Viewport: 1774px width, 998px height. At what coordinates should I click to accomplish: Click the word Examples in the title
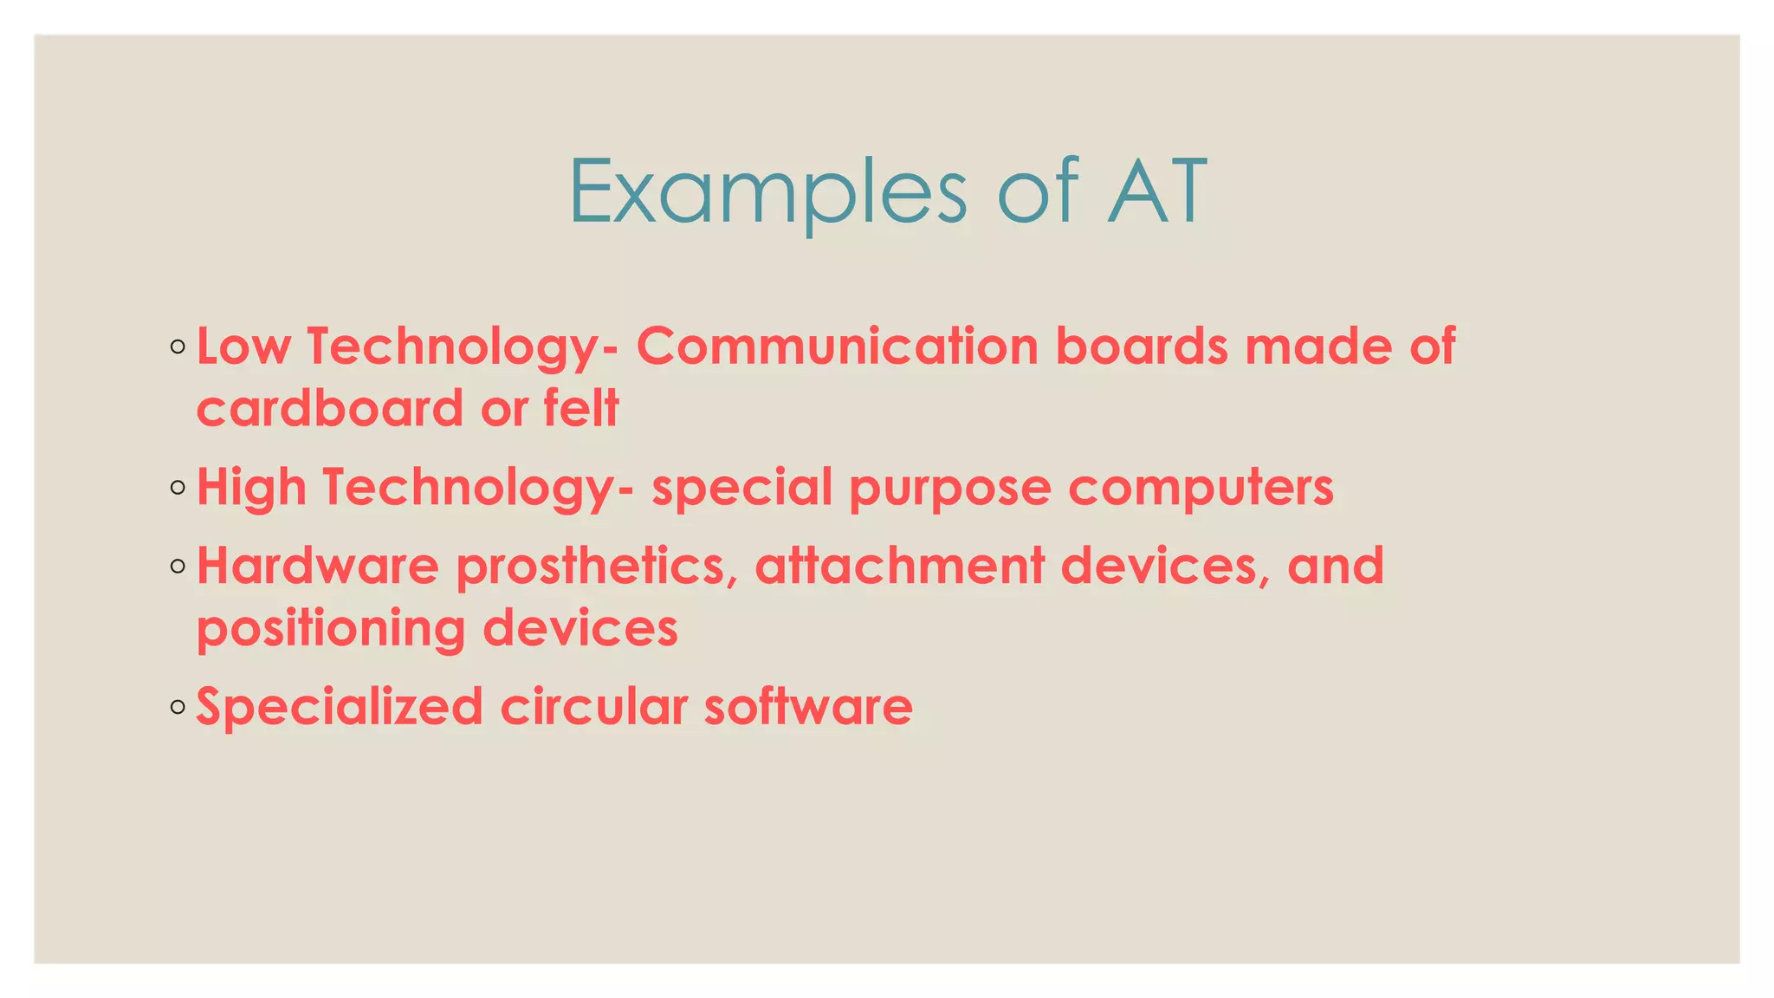(767, 191)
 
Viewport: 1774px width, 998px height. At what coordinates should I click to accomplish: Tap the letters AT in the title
(1157, 191)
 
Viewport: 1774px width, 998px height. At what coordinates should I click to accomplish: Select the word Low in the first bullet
(243, 347)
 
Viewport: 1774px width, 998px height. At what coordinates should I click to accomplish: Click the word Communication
(837, 347)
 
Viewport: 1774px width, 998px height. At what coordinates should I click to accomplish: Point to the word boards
(1141, 347)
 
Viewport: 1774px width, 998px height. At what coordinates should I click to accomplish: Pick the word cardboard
(330, 408)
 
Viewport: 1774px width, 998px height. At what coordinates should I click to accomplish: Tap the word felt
(581, 408)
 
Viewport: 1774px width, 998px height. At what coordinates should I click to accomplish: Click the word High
(251, 488)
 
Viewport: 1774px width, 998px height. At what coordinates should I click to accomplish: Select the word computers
(1201, 488)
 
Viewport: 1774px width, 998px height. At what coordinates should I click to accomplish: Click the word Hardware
(318, 566)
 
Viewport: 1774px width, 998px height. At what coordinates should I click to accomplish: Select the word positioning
(331, 630)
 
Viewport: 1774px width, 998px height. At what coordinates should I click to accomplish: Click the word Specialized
(340, 707)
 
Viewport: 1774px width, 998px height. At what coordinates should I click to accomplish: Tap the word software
(808, 707)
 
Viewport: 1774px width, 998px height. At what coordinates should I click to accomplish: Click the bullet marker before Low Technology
(178, 347)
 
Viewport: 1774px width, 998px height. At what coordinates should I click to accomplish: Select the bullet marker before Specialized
(178, 708)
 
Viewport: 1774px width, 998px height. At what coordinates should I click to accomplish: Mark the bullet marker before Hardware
(178, 567)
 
